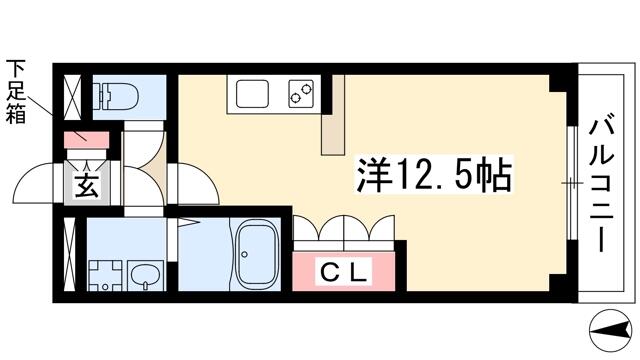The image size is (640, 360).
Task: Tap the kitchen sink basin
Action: pyautogui.click(x=253, y=93)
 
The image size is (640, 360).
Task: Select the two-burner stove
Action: pyautogui.click(x=301, y=93)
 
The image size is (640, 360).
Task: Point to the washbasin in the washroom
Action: pyautogui.click(x=145, y=276)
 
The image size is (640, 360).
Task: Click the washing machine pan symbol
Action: pyautogui.click(x=105, y=276)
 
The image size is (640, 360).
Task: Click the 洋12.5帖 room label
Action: pyautogui.click(x=434, y=176)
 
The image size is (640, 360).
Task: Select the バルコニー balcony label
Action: pyautogui.click(x=601, y=184)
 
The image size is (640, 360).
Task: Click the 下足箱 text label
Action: pyautogui.click(x=16, y=92)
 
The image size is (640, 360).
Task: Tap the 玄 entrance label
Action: pyautogui.click(x=87, y=186)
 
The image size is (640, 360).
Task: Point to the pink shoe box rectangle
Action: pyautogui.click(x=87, y=140)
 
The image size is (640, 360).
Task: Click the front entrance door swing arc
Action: pyautogui.click(x=34, y=182)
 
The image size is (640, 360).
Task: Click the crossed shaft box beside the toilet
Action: pyautogui.click(x=73, y=97)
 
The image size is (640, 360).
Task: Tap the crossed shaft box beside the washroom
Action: pyautogui.click(x=70, y=255)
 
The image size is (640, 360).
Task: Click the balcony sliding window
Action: pyautogui.click(x=572, y=183)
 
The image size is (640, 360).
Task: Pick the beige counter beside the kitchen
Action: pyautogui.click(x=333, y=115)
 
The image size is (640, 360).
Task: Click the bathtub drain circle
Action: pyautogui.click(x=244, y=254)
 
